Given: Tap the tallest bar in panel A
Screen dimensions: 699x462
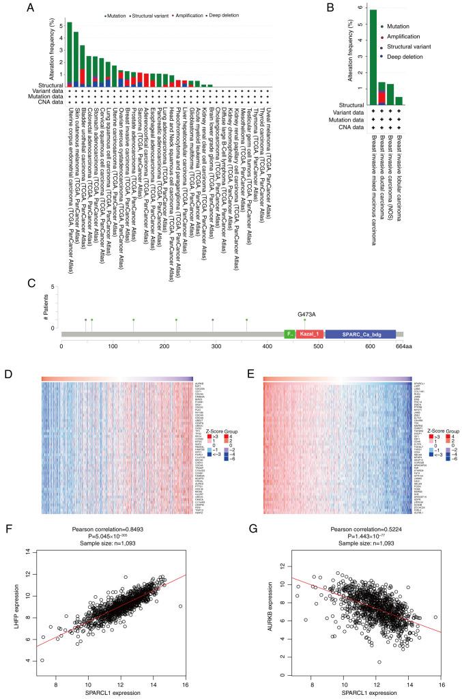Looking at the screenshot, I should click(x=69, y=55).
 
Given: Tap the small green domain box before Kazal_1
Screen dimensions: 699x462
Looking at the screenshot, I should click(x=289, y=334).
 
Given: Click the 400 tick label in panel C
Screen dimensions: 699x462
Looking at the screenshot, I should click(x=267, y=347).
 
